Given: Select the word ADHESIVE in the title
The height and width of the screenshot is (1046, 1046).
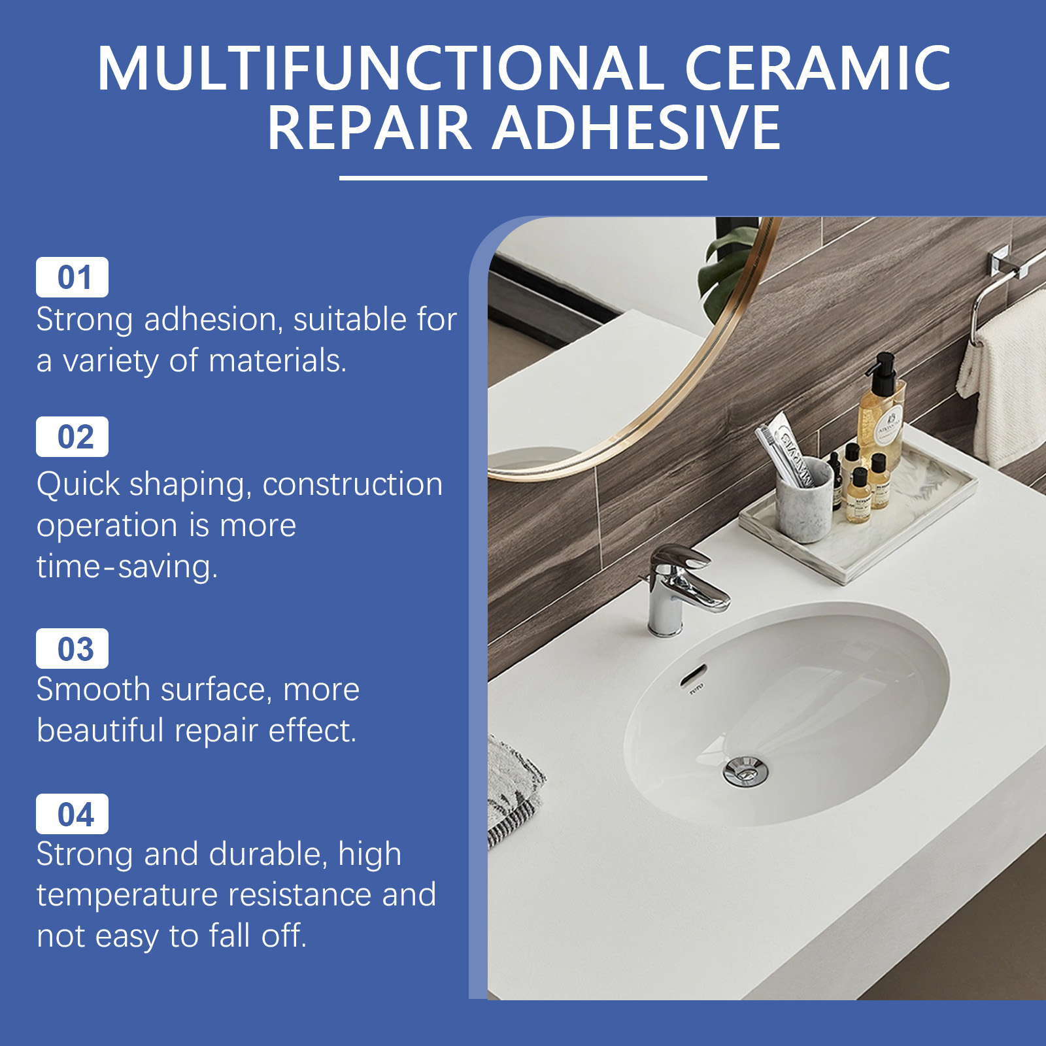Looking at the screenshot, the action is point(636,127).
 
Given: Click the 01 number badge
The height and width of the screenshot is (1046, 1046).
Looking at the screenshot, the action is point(72,277).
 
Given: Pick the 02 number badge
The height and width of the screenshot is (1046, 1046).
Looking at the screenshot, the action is point(72,437).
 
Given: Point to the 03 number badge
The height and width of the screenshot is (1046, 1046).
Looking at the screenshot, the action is point(72,649).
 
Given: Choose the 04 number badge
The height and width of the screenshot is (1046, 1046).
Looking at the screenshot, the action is point(72,814).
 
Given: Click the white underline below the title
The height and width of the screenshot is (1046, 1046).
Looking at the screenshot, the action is point(523,178).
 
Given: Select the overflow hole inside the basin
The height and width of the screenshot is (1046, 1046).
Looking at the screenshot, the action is point(693,674).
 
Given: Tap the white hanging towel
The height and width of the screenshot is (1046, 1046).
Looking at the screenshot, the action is point(1004,379).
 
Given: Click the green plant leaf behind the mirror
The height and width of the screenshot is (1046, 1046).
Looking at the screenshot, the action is point(726,265).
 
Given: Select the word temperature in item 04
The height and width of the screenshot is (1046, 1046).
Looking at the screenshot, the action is point(127,895).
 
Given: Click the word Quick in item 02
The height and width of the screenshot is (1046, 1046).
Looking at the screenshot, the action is point(78,485).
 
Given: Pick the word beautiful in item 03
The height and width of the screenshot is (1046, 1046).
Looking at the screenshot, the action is point(100,730).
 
